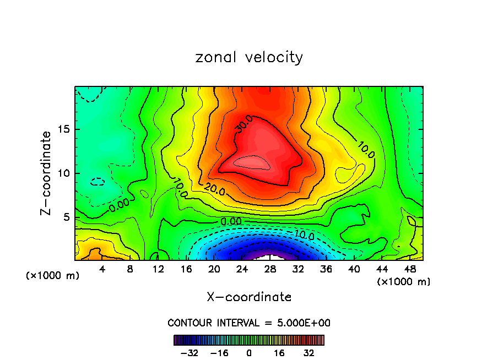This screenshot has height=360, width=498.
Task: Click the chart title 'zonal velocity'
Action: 249,57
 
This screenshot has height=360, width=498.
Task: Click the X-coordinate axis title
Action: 249,297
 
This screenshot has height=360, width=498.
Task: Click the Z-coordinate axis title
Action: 47,173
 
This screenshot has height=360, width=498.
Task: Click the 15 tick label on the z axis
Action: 62,130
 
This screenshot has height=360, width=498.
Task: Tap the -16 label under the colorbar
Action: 219,353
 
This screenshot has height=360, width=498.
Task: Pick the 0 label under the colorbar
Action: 249,353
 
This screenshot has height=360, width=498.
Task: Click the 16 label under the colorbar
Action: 279,353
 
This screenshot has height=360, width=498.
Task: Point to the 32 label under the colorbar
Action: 308,353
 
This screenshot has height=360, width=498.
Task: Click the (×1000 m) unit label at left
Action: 53,276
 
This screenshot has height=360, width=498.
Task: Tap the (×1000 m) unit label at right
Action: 404,282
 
